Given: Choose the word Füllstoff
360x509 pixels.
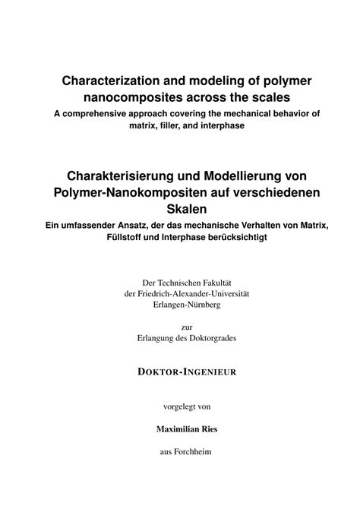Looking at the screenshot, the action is click(x=118, y=236).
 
